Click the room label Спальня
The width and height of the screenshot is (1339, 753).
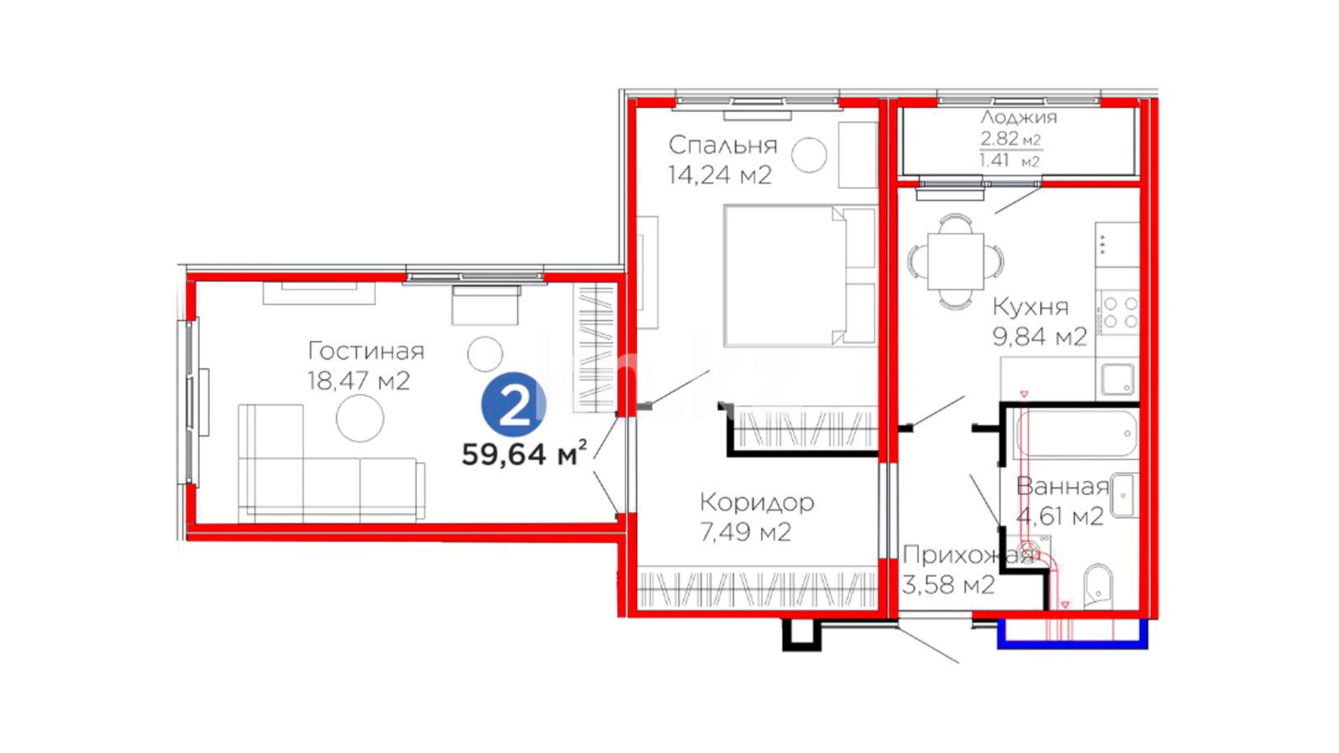[x=723, y=145]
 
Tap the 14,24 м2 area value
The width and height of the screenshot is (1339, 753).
[x=720, y=175]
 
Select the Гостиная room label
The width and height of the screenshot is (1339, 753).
[x=366, y=351]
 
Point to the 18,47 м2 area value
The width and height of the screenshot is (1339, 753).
[x=358, y=381]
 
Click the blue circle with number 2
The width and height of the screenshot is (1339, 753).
[x=514, y=405]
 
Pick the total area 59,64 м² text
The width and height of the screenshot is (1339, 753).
[x=524, y=454]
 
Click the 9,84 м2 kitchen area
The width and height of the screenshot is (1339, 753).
[x=1040, y=337]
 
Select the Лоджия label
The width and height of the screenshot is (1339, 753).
[x=1018, y=117]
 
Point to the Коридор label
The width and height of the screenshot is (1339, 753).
[x=757, y=502]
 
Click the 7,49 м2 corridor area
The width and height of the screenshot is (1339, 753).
[x=746, y=532]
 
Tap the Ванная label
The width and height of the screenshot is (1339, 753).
[x=1063, y=486]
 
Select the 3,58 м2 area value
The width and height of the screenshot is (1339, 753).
[x=948, y=584]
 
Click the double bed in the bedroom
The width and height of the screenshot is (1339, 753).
[x=800, y=275]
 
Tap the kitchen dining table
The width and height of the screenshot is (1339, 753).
[x=955, y=261]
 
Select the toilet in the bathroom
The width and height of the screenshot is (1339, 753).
[x=1098, y=586]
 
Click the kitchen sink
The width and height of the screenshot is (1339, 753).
[x=1118, y=379]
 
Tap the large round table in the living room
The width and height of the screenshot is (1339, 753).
[x=360, y=418]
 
